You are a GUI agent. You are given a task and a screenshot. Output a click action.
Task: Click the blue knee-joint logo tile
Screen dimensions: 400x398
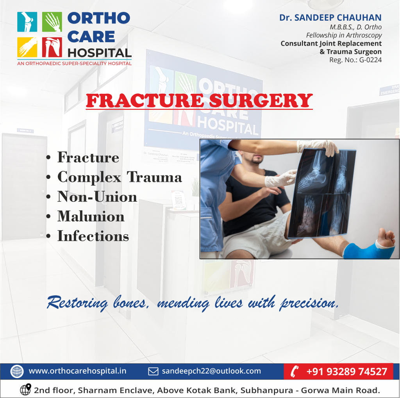pos(27,22)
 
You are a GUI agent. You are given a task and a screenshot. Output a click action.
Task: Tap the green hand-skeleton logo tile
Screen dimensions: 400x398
pos(52,22)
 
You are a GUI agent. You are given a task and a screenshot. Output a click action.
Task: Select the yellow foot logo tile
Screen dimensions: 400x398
pos(27,47)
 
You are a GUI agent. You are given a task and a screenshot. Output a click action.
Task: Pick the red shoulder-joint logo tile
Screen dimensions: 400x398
pos(52,47)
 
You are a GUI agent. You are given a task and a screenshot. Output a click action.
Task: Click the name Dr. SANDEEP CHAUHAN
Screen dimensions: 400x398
pos(330,18)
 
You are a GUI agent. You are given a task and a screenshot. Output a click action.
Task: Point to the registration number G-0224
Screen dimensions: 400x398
pos(370,60)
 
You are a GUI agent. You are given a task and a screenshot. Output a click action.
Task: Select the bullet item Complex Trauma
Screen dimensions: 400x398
pos(120,177)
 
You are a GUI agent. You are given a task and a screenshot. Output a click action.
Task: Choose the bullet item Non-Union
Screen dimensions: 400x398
pos(97,197)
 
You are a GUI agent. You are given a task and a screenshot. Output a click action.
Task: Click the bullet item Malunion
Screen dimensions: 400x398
pos(91,216)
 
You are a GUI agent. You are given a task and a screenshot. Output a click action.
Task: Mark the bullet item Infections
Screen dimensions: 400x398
pos(93,236)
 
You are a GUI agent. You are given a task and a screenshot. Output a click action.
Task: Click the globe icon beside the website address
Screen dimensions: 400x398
pos(17,371)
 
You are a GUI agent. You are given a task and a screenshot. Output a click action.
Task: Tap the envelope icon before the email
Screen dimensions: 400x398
pos(153,371)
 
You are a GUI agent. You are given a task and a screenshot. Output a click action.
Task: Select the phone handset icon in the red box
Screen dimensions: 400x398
pos(295,371)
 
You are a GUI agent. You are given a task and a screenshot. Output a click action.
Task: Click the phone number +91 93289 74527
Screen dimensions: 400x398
pos(347,371)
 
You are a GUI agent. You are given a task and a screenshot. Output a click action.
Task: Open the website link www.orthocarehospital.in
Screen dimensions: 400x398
pos(77,371)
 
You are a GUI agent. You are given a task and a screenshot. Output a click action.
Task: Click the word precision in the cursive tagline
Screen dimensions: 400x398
pos(309,303)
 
